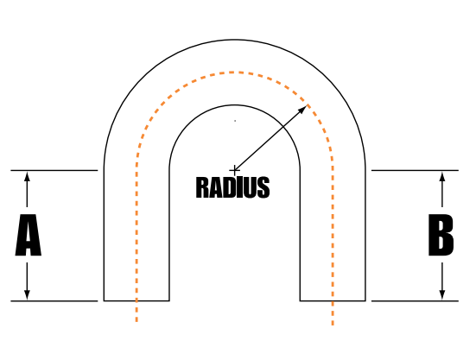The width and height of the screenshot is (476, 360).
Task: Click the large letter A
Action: pos(28,235)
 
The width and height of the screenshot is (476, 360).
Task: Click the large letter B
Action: pos(441,235)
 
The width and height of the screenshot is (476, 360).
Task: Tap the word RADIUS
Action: pos(233,187)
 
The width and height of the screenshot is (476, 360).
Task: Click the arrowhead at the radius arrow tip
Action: pos(303,109)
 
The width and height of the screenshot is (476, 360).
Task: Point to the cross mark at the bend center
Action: pos(234,171)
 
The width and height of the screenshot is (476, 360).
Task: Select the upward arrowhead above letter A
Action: pos(27,176)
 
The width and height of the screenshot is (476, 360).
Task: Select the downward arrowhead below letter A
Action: pos(27,294)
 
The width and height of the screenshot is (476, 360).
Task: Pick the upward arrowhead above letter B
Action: pos(442,176)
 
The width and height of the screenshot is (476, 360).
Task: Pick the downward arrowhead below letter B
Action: pos(442,294)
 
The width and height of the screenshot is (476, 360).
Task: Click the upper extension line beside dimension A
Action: pos(54,170)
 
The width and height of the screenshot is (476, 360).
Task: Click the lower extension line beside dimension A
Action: pos(54,301)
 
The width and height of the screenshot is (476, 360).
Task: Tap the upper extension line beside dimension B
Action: pos(415,170)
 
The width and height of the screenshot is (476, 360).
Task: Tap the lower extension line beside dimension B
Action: pos(415,301)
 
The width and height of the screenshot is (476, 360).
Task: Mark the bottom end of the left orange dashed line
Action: pos(136,321)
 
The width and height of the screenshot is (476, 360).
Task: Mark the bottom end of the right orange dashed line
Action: pos(333,325)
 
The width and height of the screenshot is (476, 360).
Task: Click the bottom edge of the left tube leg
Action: pos(136,300)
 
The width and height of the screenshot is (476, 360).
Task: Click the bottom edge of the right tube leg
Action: pos(333,300)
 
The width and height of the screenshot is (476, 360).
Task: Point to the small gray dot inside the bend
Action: pos(235,121)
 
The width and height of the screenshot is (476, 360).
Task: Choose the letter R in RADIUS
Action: pos(202,187)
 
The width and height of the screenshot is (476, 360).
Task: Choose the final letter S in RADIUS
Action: pos(263,187)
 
